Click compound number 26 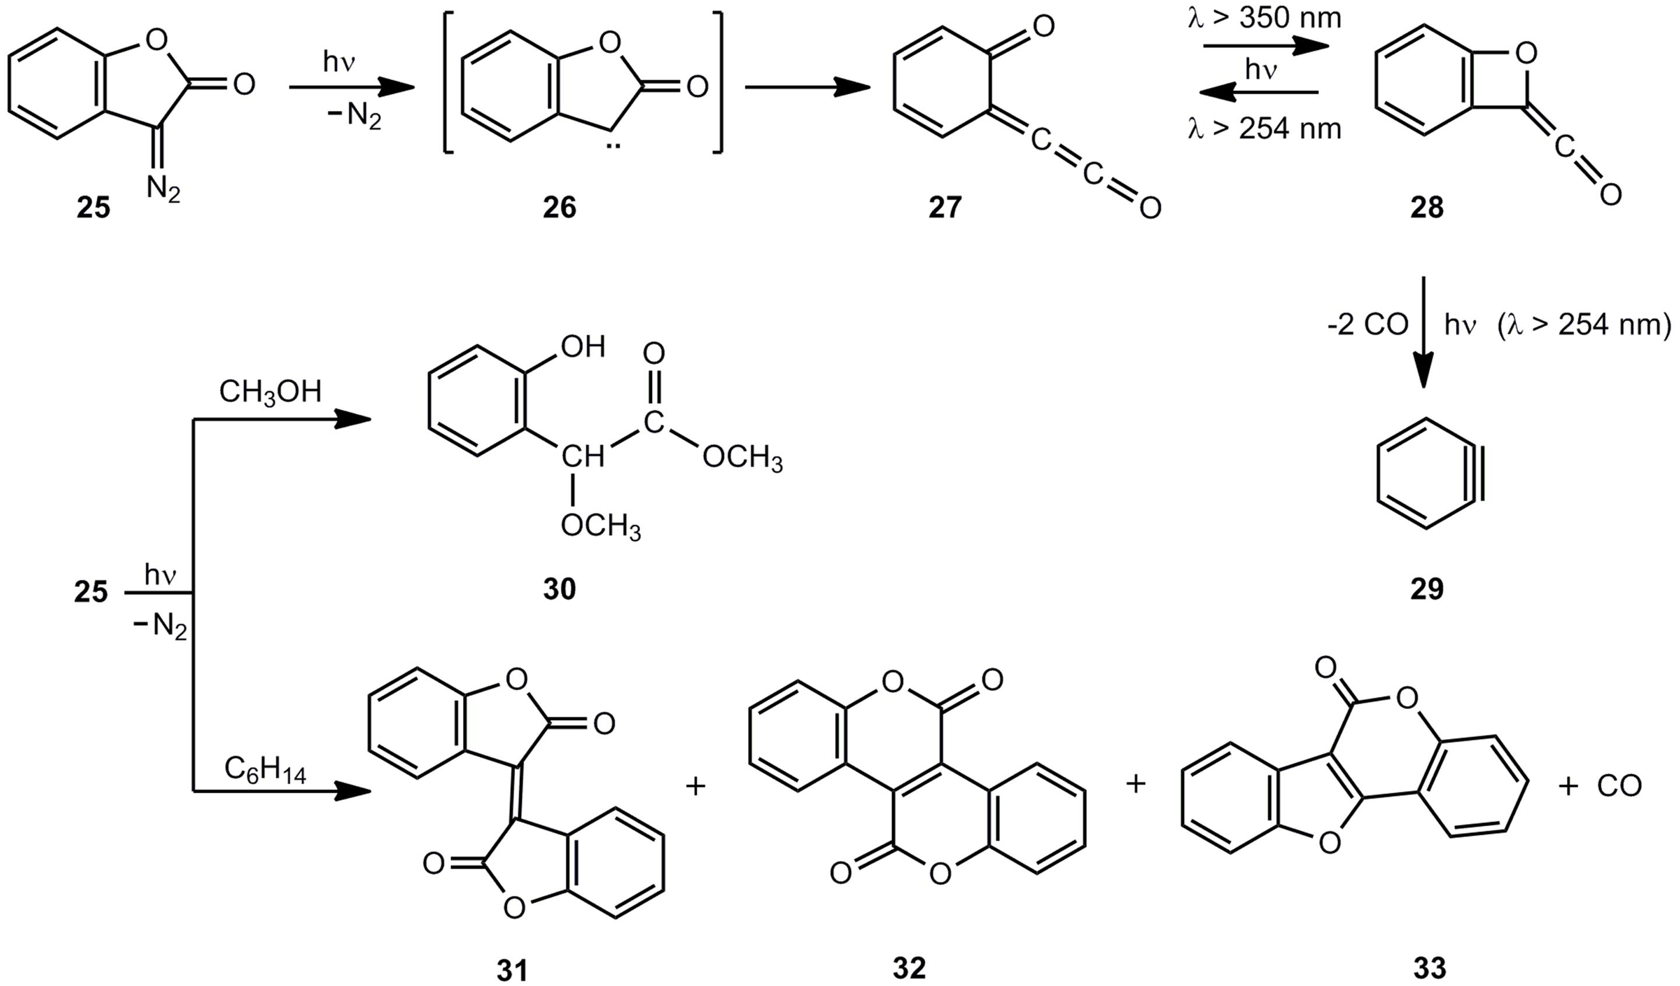pos(559,207)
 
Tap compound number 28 pos(1427,207)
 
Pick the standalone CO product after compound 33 pos(1619,786)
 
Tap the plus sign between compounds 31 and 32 pos(695,786)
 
